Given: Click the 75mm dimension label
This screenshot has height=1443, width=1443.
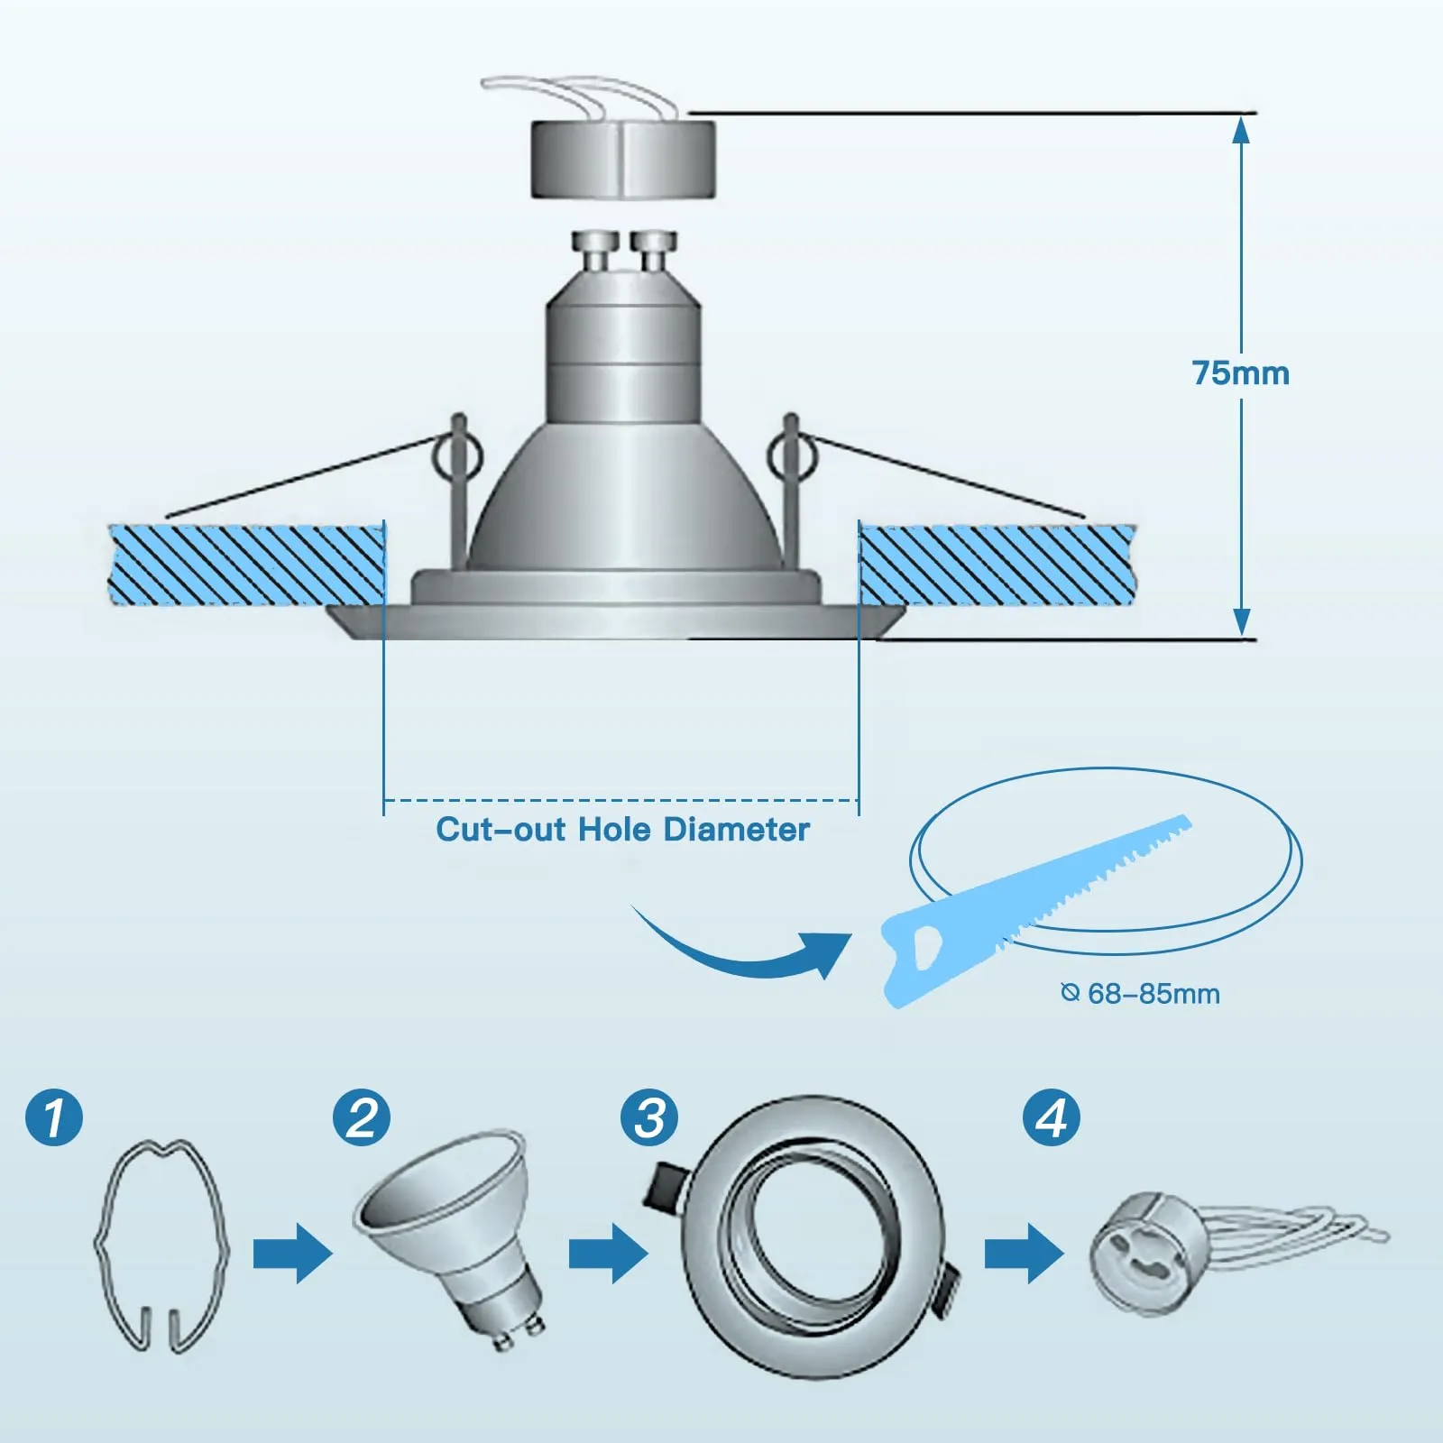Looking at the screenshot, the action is coord(1240,373).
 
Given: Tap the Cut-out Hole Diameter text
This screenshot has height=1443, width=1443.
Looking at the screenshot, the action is coord(622,830).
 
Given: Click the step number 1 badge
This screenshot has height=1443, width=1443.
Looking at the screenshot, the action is coord(54,1117).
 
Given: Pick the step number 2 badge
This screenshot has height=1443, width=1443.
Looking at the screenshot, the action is coord(362,1117).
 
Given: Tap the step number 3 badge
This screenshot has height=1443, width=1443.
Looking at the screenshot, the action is coord(649,1117).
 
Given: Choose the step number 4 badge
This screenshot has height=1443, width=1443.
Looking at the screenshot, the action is coord(1051,1117).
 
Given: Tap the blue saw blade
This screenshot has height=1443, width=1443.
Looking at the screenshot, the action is coord(1037,911).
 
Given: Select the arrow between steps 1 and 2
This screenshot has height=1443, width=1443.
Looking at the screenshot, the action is coord(292,1254).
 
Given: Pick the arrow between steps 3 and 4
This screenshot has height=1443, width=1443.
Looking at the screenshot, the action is coord(1024,1254).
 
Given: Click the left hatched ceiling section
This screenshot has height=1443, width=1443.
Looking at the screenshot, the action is coord(246,565).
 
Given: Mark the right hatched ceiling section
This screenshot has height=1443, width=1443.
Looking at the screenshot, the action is coord(997,565).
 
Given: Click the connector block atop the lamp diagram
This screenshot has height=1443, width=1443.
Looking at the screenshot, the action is coord(623,160).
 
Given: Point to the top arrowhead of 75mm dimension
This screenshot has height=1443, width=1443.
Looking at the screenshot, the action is coord(1242,130).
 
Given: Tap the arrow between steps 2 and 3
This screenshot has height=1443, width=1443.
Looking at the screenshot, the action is coord(608,1254).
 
